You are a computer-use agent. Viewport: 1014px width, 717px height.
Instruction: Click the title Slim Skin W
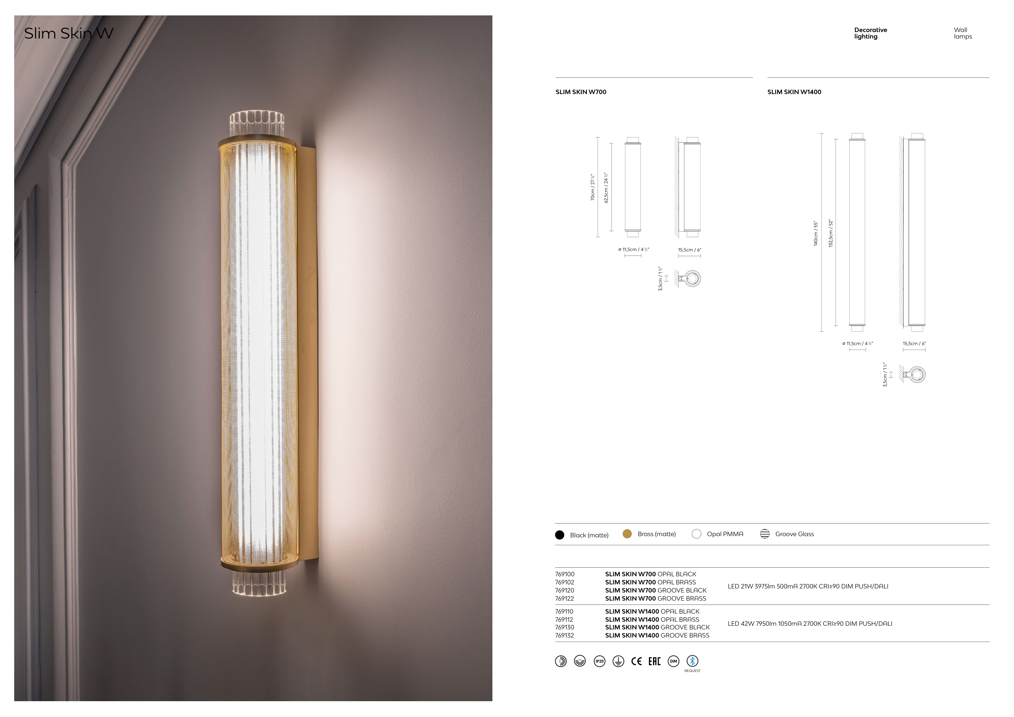(x=69, y=33)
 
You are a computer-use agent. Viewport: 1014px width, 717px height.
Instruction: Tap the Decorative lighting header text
(x=870, y=33)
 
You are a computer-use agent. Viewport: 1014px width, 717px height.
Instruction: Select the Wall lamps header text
(x=963, y=33)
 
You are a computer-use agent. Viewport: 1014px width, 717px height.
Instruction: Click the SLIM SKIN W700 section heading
(x=581, y=92)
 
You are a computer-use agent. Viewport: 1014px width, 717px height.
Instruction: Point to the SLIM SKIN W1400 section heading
(x=794, y=92)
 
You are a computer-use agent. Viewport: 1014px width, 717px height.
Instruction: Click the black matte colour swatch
(x=560, y=535)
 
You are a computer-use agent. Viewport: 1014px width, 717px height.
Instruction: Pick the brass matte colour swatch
(x=627, y=534)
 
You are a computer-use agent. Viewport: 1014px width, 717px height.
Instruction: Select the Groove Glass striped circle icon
(x=765, y=534)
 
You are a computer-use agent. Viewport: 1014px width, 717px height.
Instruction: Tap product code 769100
(x=565, y=574)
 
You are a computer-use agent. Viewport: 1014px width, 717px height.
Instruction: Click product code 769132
(x=565, y=636)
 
